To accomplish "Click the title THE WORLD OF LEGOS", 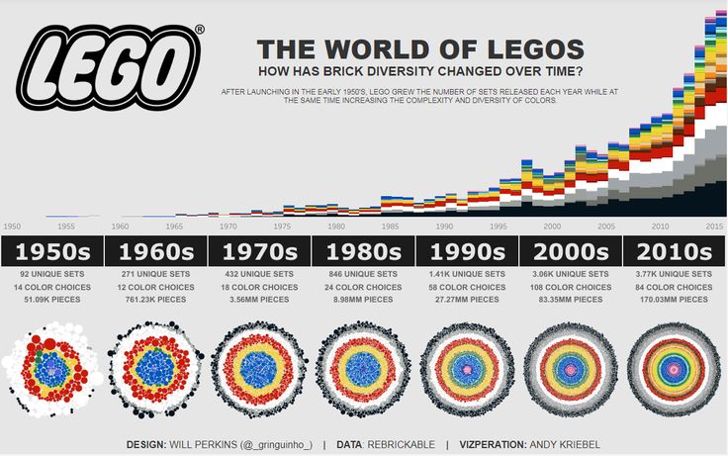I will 420,49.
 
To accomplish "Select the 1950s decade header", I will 51,251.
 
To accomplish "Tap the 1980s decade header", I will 364,251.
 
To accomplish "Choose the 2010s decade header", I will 674,251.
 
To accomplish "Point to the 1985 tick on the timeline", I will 390,227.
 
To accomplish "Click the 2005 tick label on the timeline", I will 605,227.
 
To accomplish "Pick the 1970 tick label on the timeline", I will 227,227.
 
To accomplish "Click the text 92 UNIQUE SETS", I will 51,274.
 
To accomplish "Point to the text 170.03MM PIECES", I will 675,299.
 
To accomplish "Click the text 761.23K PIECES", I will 156,299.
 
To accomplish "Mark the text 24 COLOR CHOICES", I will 364,287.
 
